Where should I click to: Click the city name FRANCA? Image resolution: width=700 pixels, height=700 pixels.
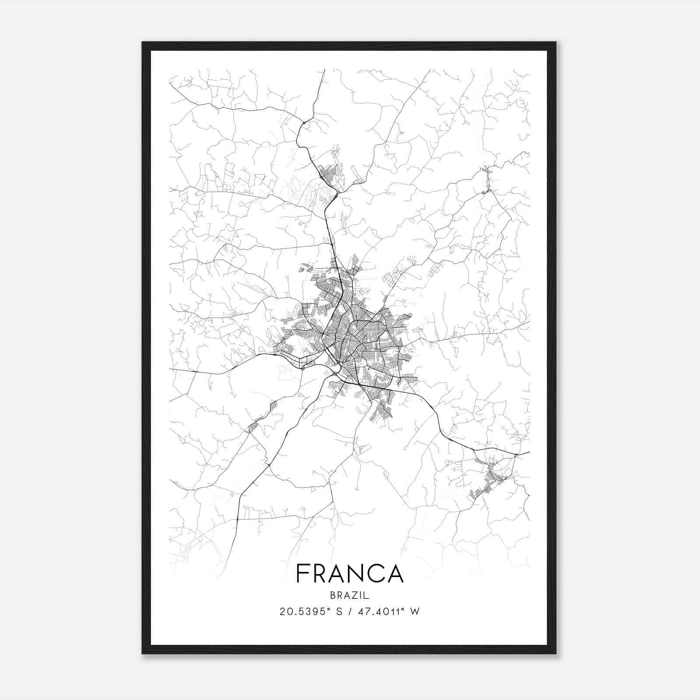(x=350, y=573)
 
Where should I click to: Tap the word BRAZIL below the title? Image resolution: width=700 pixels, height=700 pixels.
(x=350, y=595)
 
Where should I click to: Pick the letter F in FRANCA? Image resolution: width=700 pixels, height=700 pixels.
(x=302, y=573)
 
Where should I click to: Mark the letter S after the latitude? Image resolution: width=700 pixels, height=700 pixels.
(x=339, y=612)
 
